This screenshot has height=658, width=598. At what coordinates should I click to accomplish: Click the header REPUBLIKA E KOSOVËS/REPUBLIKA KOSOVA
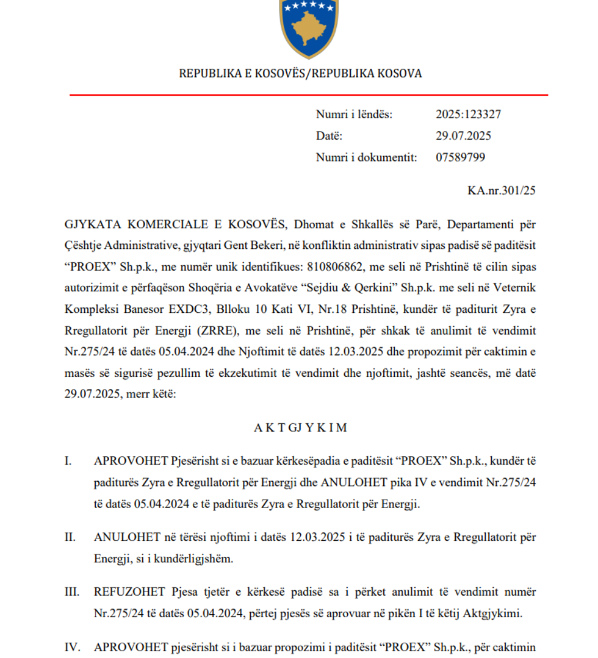(300, 74)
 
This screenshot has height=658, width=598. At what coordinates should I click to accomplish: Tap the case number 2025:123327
(468, 115)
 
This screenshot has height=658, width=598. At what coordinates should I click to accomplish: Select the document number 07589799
(460, 157)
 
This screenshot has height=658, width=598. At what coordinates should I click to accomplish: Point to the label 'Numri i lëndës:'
(354, 115)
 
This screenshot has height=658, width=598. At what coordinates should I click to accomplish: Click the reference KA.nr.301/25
(502, 191)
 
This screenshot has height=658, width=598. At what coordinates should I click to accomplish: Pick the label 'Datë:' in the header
(329, 136)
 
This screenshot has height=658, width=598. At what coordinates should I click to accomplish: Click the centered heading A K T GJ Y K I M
(300, 427)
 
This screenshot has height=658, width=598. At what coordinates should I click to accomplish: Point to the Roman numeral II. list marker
(71, 537)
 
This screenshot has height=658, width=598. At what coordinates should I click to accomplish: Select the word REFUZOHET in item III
(129, 592)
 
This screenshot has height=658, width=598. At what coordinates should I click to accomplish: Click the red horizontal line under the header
(308, 95)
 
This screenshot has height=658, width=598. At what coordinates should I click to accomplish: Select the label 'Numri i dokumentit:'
(366, 157)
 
